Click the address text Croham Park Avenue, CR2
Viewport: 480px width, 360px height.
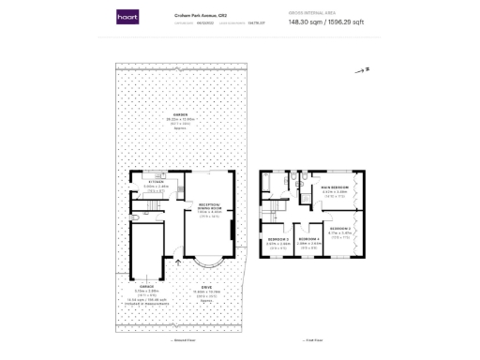click(x=191, y=15)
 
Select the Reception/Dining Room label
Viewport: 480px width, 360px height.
click(x=208, y=205)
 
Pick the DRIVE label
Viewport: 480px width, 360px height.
click(x=203, y=287)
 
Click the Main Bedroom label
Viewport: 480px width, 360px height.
click(x=335, y=188)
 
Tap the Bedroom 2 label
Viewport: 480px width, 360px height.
click(x=339, y=228)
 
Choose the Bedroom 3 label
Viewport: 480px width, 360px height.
click(x=277, y=240)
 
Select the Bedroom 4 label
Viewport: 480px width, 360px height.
click(x=308, y=240)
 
